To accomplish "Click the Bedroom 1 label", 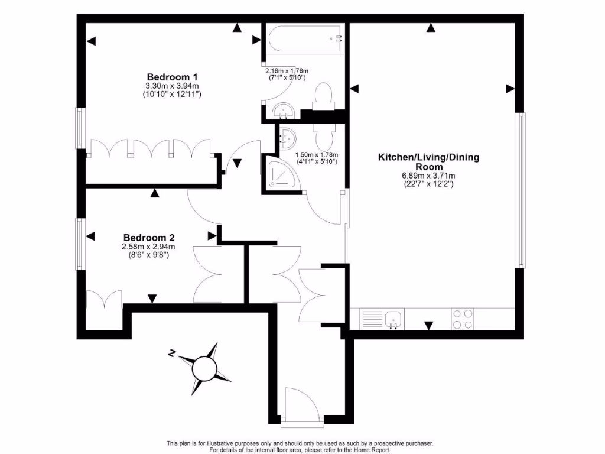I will pyautogui.click(x=172, y=77).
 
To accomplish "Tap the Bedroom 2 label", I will pyautogui.click(x=148, y=238).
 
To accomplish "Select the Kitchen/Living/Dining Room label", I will pyautogui.click(x=428, y=161).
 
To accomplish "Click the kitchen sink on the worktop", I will pyautogui.click(x=393, y=320).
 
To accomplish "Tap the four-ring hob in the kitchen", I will pyautogui.click(x=462, y=319).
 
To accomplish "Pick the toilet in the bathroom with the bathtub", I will pyautogui.click(x=324, y=97).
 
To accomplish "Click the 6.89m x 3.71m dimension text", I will pyautogui.click(x=428, y=176).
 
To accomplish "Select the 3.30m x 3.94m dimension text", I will pyautogui.click(x=172, y=86).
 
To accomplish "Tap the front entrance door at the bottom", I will pyautogui.click(x=301, y=407).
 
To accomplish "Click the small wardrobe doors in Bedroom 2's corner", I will pyautogui.click(x=104, y=300).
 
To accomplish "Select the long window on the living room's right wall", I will pyautogui.click(x=520, y=189).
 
